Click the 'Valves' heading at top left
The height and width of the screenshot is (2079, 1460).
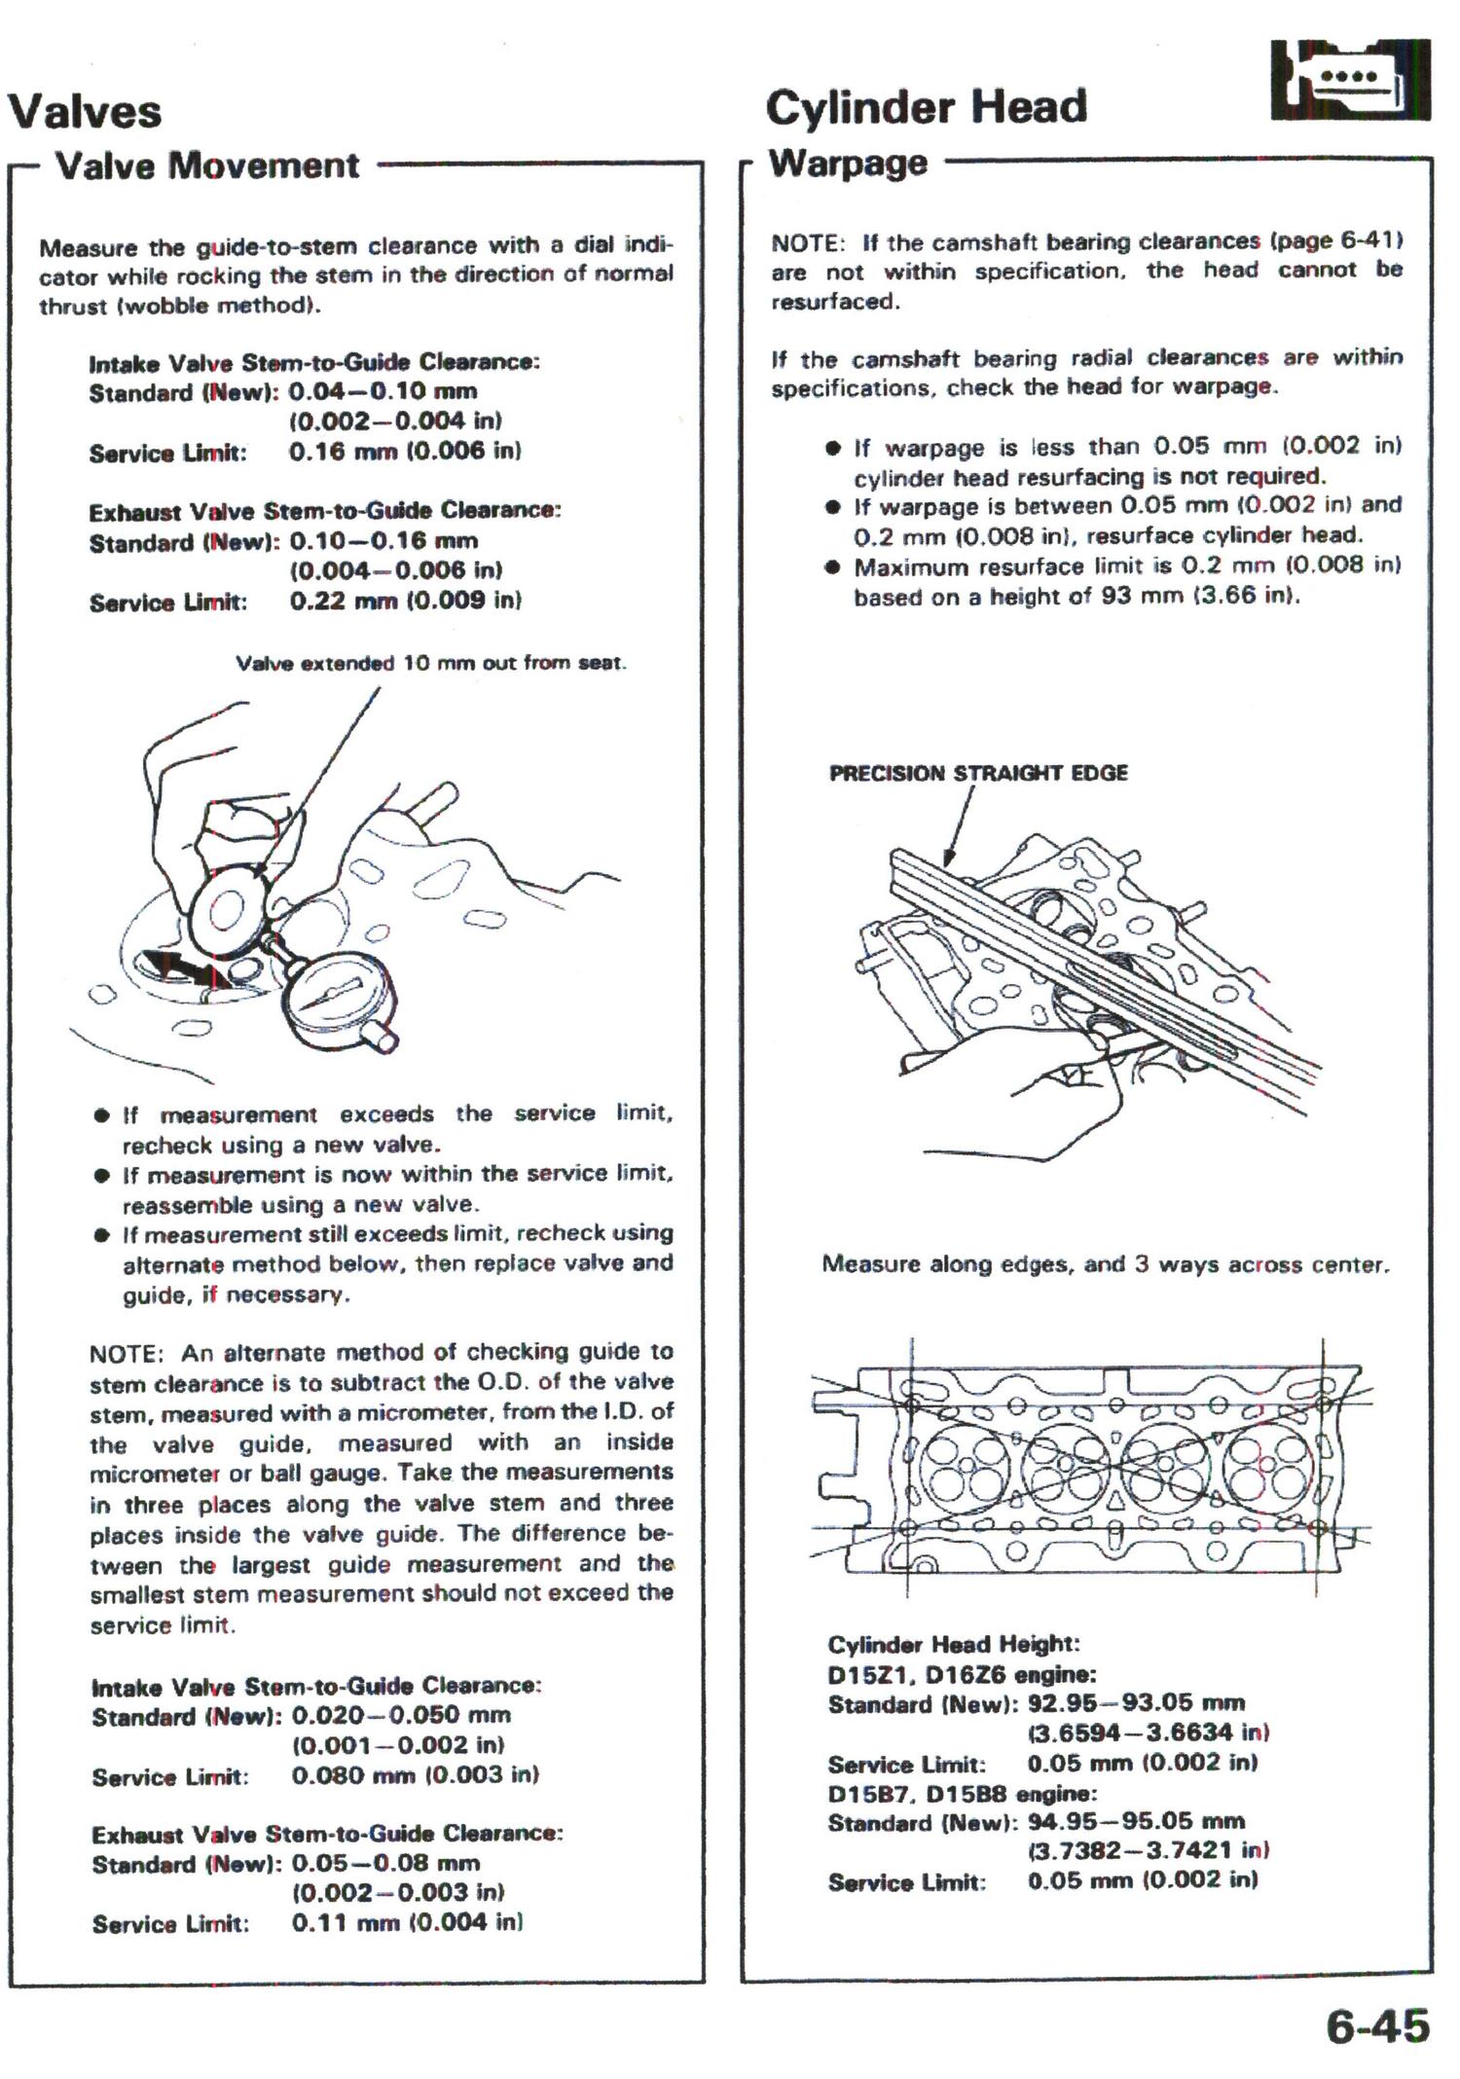click(x=85, y=111)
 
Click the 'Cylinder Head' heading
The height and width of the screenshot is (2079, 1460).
click(x=926, y=107)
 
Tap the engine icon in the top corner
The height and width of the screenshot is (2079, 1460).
click(x=1350, y=80)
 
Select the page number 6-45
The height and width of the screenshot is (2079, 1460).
click(x=1377, y=2026)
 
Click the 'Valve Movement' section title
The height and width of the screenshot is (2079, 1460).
click(x=207, y=165)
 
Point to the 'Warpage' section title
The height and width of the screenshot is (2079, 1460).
click(x=848, y=163)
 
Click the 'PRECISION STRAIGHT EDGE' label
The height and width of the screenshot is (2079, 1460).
click(x=978, y=773)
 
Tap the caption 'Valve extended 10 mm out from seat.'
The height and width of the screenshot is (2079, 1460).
click(x=430, y=663)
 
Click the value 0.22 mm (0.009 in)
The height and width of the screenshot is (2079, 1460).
click(x=406, y=601)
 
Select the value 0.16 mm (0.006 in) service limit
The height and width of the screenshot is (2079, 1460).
click(x=405, y=451)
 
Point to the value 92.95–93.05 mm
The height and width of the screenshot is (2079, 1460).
click(x=1136, y=1703)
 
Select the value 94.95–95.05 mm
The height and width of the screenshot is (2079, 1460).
click(x=1136, y=1822)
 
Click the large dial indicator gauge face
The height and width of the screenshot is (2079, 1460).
click(x=337, y=1000)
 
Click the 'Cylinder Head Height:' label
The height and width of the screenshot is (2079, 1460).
click(x=954, y=1644)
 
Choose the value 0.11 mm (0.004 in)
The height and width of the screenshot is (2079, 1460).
click(x=407, y=1922)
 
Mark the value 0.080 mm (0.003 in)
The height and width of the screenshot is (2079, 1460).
click(x=416, y=1775)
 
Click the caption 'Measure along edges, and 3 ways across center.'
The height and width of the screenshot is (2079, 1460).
click(x=1106, y=1264)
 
